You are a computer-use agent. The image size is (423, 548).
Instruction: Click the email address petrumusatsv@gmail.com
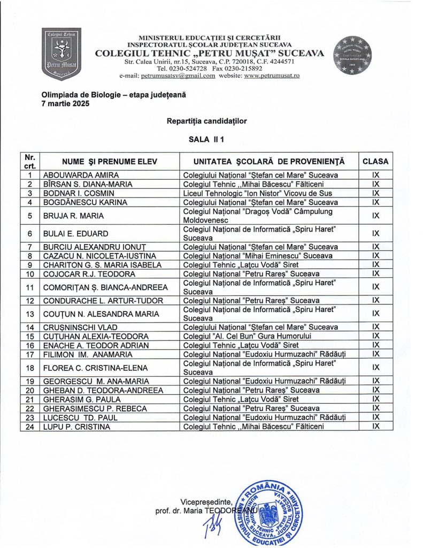178,75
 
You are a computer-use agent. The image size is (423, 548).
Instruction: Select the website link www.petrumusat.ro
272,75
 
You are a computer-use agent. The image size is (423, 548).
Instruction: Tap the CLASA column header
375,161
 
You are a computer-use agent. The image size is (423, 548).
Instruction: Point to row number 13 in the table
30,314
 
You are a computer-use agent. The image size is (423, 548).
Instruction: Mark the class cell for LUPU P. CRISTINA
375,427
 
